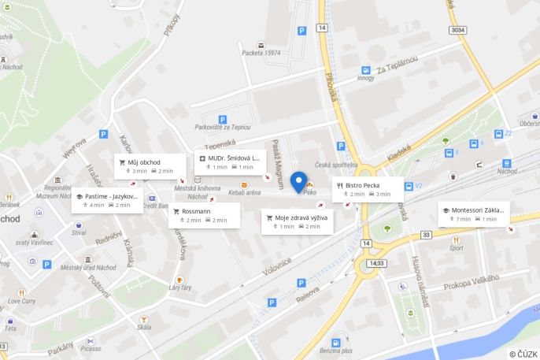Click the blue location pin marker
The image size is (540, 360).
pos(298,180)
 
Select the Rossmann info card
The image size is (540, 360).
pos(205,215)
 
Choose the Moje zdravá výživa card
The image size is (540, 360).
pos(297,221)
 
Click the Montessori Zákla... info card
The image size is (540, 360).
pos(473,214)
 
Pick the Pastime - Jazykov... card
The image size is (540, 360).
pos(107,200)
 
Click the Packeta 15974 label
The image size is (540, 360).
pos(261,53)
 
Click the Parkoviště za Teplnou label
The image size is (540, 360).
pos(223,127)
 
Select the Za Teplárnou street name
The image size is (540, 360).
pos(397,66)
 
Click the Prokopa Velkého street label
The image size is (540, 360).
pos(472,283)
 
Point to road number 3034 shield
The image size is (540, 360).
pos(457,30)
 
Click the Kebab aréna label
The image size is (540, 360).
pos(245,192)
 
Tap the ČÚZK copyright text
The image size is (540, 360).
pos(523,354)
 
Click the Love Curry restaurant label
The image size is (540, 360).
pos(22,301)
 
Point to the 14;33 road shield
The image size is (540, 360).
pos(377,263)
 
